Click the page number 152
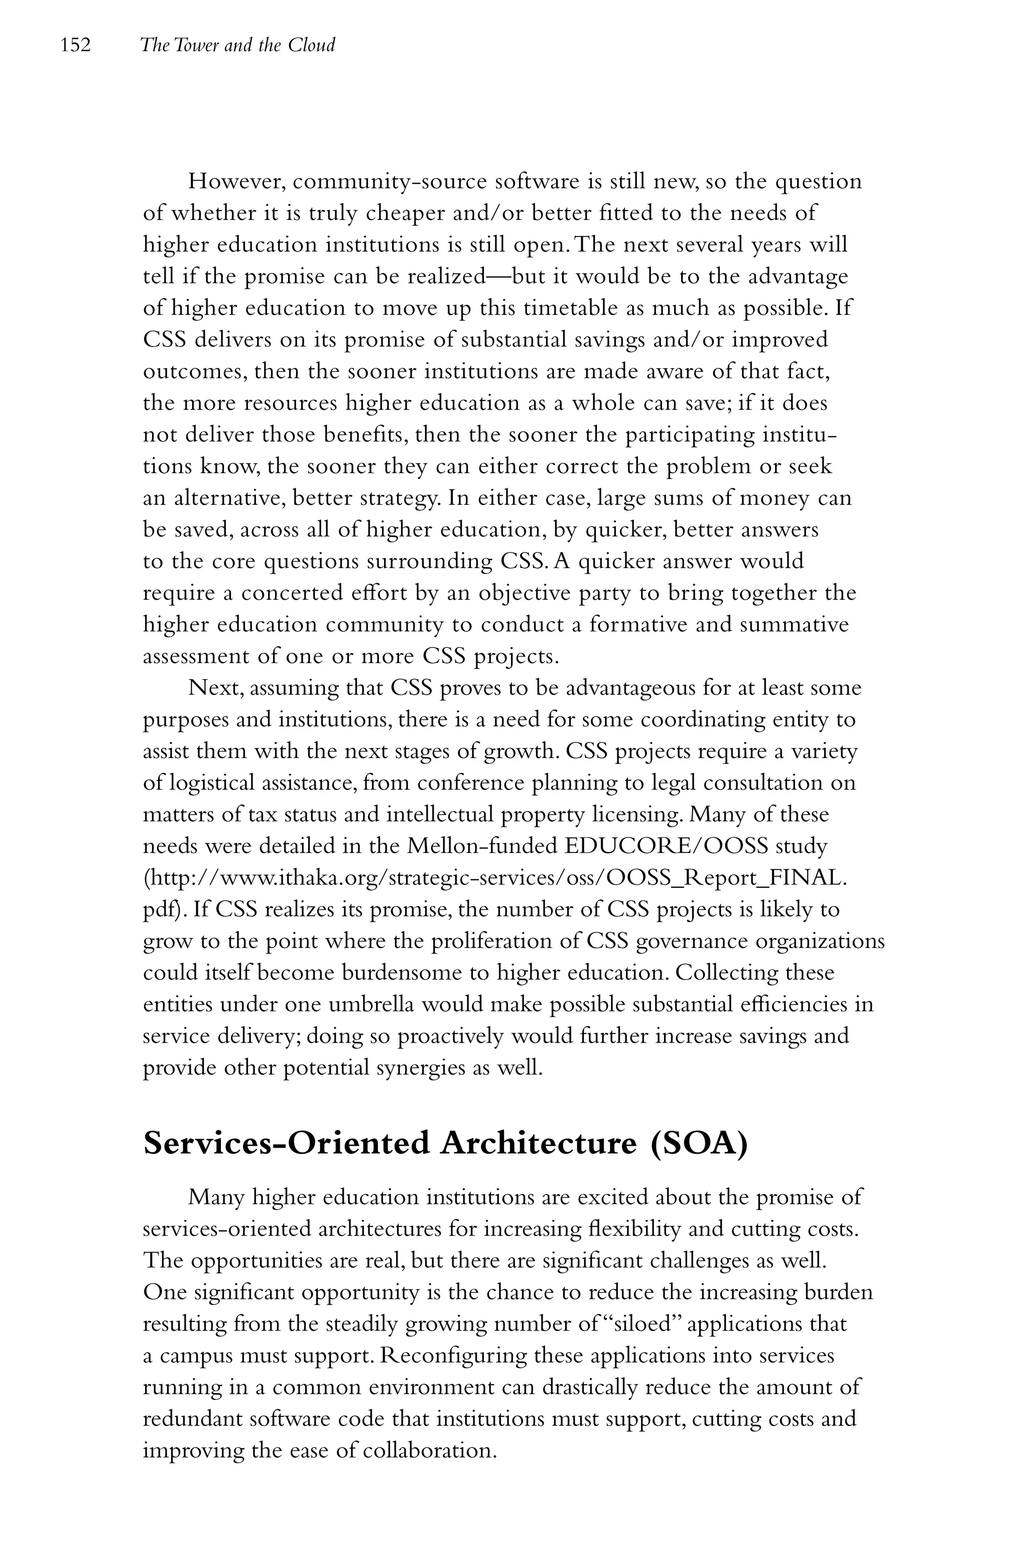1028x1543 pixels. click(x=75, y=45)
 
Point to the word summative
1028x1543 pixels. click(x=794, y=624)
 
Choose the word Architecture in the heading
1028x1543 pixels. click(x=538, y=1144)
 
